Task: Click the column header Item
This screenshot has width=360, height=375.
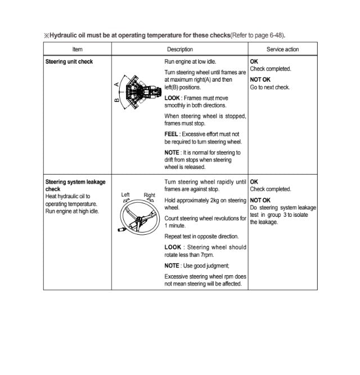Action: pyautogui.click(x=78, y=50)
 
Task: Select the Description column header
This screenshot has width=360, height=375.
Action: pyautogui.click(x=179, y=50)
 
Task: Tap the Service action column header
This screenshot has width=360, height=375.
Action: pyautogui.click(x=282, y=50)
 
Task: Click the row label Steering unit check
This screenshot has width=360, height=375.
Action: pyautogui.click(x=69, y=61)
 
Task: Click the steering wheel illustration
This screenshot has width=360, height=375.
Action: pyautogui.click(x=138, y=217)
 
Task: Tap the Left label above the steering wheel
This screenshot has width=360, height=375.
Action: pyautogui.click(x=125, y=195)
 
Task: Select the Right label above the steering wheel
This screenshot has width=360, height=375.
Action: pyautogui.click(x=149, y=195)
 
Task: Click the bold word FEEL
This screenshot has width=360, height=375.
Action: pyautogui.click(x=171, y=135)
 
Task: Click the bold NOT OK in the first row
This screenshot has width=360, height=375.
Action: pyautogui.click(x=260, y=79)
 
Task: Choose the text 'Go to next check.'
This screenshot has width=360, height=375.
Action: pyautogui.click(x=270, y=87)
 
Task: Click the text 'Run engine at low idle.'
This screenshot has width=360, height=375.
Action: pyautogui.click(x=190, y=61)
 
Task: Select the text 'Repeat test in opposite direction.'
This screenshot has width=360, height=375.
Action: pyautogui.click(x=201, y=236)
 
